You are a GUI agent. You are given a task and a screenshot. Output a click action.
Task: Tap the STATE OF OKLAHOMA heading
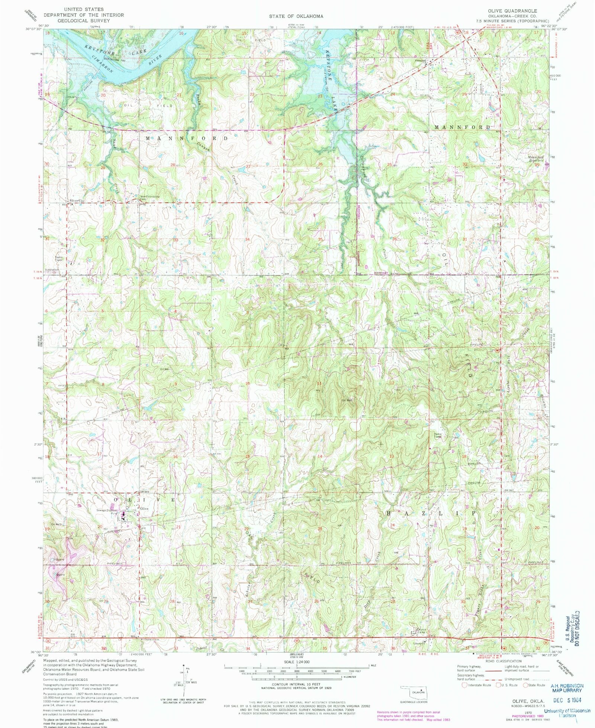[296, 16]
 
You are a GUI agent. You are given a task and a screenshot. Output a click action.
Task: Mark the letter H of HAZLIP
[389, 513]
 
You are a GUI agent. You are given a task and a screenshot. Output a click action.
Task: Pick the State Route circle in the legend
[525, 685]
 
